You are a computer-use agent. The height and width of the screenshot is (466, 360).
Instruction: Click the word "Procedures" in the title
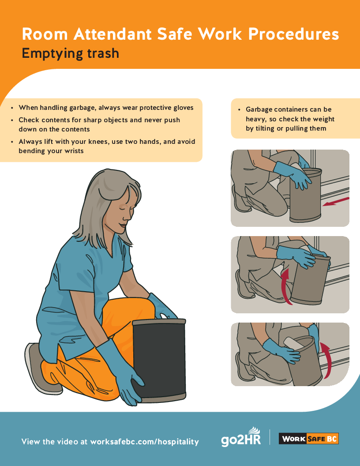click(293, 34)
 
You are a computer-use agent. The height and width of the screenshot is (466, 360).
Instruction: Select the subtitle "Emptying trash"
click(71, 54)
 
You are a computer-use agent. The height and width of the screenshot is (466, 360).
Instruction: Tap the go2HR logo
click(241, 437)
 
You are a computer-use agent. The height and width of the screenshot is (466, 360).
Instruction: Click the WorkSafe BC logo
click(309, 439)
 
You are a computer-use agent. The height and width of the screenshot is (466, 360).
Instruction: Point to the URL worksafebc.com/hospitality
click(144, 442)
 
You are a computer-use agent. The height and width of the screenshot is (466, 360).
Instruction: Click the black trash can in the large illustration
click(159, 361)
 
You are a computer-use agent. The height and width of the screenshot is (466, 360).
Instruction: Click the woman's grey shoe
click(41, 368)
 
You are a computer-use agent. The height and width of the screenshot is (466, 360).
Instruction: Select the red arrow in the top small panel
click(336, 202)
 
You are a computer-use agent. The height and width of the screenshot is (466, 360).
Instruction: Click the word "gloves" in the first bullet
click(183, 108)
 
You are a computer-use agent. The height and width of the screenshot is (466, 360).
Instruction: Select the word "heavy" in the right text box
click(255, 119)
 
